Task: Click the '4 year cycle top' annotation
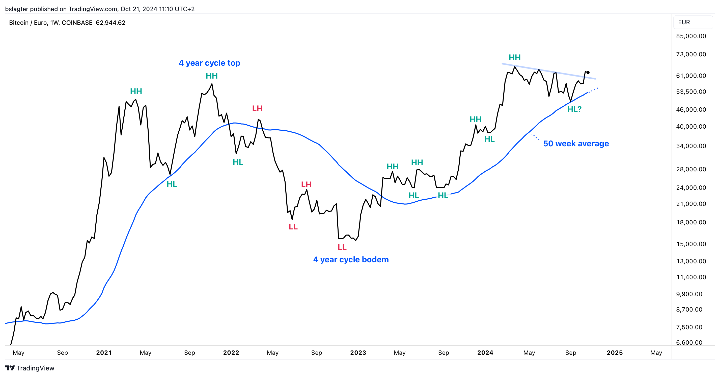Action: click(209, 63)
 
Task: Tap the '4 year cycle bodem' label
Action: click(351, 260)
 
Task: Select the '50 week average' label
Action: click(576, 144)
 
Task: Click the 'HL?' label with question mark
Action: click(574, 109)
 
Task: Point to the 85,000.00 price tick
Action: click(691, 36)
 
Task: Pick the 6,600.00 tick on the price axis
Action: click(689, 342)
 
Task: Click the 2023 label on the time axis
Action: click(358, 353)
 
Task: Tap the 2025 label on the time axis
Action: click(614, 353)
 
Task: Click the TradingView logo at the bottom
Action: click(30, 368)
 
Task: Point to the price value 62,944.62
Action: click(110, 23)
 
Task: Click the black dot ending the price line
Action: click(588, 73)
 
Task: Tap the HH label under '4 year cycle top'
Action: click(212, 76)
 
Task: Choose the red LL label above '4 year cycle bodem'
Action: click(342, 247)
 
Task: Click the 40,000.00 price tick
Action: click(691, 127)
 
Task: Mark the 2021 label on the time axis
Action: click(104, 353)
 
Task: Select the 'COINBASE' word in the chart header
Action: click(77, 23)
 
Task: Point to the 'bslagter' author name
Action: click(16, 9)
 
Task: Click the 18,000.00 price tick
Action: click(691, 222)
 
